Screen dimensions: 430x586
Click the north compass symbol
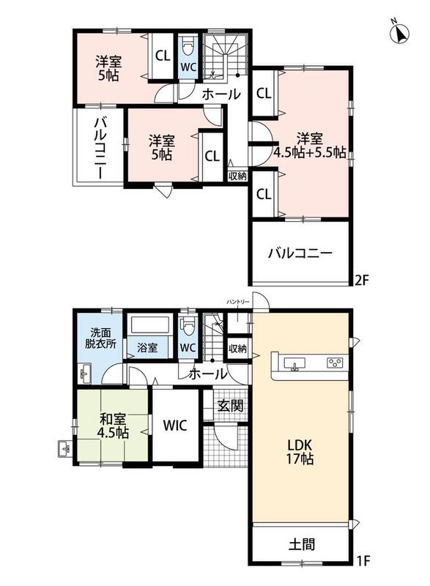tap(399, 32)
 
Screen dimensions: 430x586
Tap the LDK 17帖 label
tap(300, 451)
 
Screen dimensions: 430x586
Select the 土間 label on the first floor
tap(302, 544)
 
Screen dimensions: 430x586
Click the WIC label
tap(175, 426)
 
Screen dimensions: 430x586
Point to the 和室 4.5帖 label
tap(114, 426)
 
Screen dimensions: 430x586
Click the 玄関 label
tap(231, 406)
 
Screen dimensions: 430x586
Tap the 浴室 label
tap(147, 348)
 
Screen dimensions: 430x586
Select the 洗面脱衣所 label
tap(100, 338)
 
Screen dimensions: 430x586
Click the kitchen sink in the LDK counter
tap(294, 363)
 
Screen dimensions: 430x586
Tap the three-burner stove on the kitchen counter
tap(336, 363)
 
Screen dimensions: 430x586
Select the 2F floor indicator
tap(362, 281)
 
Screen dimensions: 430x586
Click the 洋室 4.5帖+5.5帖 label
tap(310, 145)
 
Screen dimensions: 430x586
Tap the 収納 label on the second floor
tap(237, 176)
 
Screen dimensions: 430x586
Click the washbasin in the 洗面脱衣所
tap(86, 373)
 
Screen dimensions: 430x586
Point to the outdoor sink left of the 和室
tap(64, 448)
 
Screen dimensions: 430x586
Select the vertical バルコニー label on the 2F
tap(100, 147)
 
